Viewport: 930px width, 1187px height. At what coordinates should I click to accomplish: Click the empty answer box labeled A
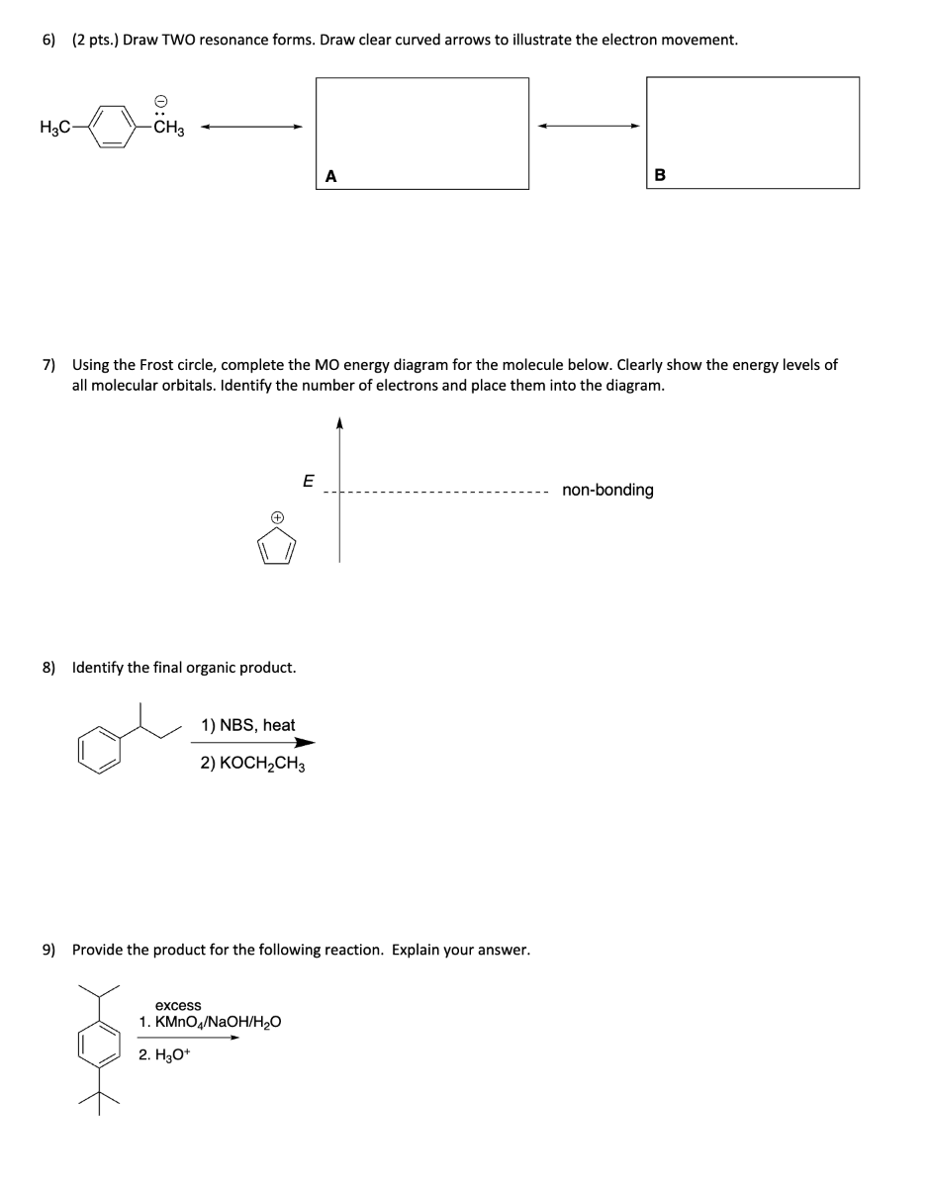pyautogui.click(x=422, y=133)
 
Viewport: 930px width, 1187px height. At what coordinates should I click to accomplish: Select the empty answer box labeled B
pyautogui.click(x=752, y=133)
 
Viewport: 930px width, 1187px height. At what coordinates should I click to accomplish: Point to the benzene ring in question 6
pyautogui.click(x=117, y=128)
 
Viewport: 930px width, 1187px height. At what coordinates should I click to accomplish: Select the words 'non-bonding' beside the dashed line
pyautogui.click(x=607, y=490)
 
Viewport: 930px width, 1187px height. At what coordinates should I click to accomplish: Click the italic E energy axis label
pyautogui.click(x=307, y=482)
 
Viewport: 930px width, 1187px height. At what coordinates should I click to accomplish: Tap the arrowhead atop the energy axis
pyautogui.click(x=339, y=423)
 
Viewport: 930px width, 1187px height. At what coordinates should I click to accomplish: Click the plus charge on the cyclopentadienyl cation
pyautogui.click(x=278, y=516)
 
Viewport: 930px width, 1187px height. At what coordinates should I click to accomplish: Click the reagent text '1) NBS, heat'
pyautogui.click(x=247, y=725)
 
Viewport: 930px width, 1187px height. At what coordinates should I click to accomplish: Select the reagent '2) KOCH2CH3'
pyautogui.click(x=252, y=764)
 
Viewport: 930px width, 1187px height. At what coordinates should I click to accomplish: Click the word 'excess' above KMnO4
pyautogui.click(x=178, y=1005)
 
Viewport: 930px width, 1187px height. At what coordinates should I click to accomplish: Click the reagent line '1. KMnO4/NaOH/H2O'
pyautogui.click(x=210, y=1022)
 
